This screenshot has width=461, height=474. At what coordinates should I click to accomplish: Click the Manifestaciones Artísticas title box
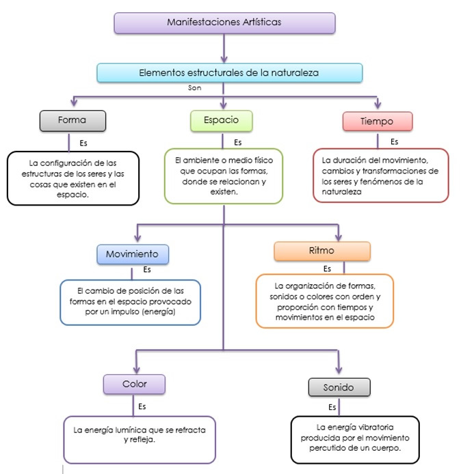(224, 23)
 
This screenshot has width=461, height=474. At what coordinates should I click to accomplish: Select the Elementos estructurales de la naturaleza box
(229, 73)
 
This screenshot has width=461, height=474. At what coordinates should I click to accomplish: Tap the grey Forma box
(73, 121)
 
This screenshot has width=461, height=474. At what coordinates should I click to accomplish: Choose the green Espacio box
(222, 121)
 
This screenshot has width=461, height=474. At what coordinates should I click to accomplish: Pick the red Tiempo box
(378, 121)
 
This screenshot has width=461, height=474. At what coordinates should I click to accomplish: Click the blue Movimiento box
(133, 254)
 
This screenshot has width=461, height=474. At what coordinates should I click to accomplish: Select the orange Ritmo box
(322, 251)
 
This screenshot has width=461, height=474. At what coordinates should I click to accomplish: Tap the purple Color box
(134, 385)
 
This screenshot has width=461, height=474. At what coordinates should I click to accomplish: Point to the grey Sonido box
(339, 387)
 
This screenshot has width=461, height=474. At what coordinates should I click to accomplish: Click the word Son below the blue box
(195, 88)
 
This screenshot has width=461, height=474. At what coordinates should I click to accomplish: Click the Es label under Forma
(83, 143)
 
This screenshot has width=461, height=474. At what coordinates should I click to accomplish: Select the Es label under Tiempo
(395, 142)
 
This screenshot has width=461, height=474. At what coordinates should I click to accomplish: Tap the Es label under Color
(142, 406)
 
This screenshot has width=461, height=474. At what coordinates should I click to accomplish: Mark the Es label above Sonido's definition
(332, 407)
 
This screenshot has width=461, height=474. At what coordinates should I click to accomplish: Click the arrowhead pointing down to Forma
(74, 102)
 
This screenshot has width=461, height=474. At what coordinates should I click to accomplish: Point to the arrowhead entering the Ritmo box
(339, 237)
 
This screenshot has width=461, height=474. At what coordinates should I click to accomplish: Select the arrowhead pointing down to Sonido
(339, 369)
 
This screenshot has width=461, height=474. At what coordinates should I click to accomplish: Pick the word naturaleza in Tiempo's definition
(341, 192)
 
